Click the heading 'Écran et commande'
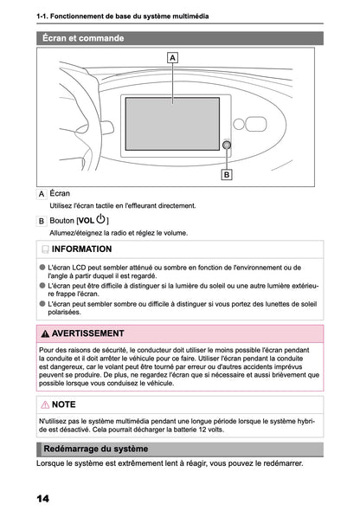[83, 38]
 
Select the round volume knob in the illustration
[226, 146]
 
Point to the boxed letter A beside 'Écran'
[42, 194]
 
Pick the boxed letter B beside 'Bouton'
[42, 221]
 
